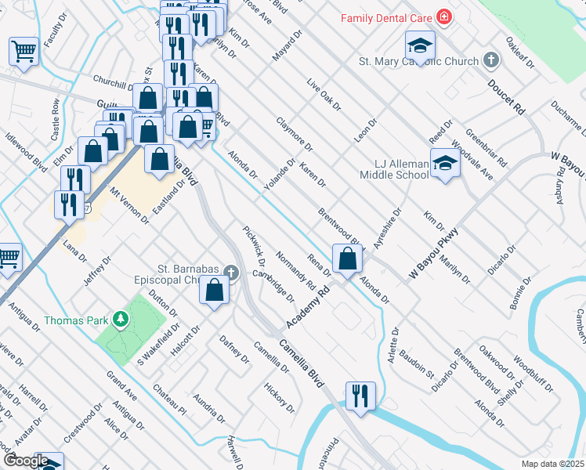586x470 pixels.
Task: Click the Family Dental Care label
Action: [x=385, y=17]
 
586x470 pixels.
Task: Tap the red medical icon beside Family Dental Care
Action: [x=444, y=17]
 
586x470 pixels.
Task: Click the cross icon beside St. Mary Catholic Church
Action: [x=491, y=60]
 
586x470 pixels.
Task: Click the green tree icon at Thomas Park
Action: [x=121, y=319]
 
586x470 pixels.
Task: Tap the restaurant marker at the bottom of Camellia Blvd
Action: [x=360, y=396]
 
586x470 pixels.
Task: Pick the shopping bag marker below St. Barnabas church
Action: [x=214, y=291]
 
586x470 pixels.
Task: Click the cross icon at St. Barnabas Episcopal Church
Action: [x=230, y=273]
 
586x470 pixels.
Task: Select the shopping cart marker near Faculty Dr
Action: [x=24, y=52]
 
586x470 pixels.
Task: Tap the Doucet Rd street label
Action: [x=506, y=98]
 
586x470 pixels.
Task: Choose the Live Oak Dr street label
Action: [x=324, y=95]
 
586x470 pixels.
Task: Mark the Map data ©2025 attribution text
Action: [x=552, y=464]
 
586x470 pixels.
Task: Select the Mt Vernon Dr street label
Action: [x=129, y=206]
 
